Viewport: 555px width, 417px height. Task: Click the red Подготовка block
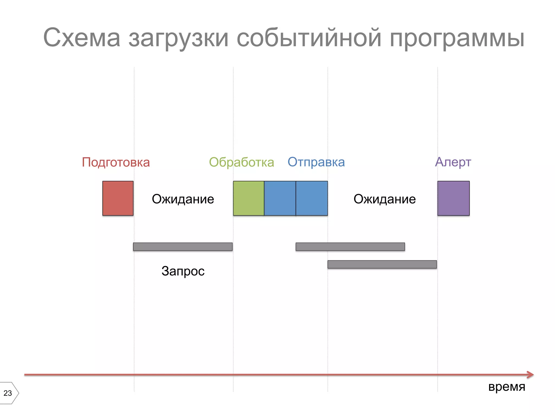(118, 198)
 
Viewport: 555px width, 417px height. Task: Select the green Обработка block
(249, 198)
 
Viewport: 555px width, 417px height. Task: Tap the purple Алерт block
(453, 198)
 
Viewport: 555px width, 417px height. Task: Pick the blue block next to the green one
(280, 198)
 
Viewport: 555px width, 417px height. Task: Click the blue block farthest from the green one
(312, 198)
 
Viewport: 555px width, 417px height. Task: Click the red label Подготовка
(116, 162)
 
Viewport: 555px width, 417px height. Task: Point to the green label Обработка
(241, 162)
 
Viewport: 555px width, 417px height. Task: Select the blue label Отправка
(316, 162)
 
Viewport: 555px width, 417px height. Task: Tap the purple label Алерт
(453, 162)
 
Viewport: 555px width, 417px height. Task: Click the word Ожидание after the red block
(183, 199)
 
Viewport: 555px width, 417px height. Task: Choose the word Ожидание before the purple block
(385, 199)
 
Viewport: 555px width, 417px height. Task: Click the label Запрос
(183, 271)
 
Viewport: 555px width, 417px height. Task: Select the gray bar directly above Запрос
(183, 247)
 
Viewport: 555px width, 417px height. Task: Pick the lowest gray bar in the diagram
(382, 264)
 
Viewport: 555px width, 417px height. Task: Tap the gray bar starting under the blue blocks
(350, 247)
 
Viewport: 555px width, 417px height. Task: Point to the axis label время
(506, 387)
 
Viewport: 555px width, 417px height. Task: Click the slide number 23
(8, 393)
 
